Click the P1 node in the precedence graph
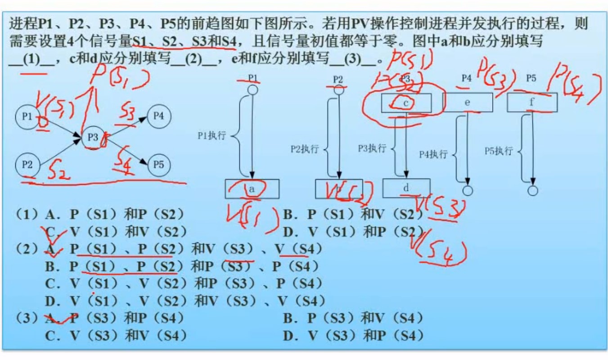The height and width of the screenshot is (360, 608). pos(27,117)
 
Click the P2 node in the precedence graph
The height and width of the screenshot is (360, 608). pos(27,165)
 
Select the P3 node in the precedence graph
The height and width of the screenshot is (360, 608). pos(93,137)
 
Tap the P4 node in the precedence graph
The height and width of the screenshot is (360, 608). pos(158,116)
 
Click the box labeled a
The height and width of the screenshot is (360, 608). pos(252,189)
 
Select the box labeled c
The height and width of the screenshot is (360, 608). pos(406,103)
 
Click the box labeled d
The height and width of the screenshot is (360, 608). pos(406,188)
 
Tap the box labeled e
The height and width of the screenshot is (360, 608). pos(468,102)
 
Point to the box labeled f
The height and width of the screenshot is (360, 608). pos(532,102)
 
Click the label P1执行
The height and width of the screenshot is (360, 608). pos(212,135)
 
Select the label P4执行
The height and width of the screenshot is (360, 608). pos(433,154)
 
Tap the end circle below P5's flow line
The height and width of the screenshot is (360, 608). pos(532,191)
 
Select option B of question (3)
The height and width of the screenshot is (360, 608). pos(353,319)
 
